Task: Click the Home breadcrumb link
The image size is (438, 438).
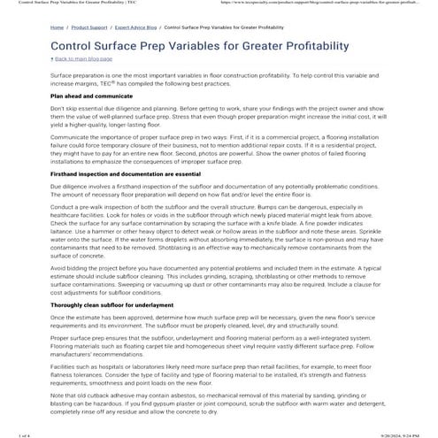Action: [57, 27]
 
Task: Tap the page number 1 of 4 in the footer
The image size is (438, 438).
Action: [12, 432]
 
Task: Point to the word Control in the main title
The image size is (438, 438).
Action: [75, 45]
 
